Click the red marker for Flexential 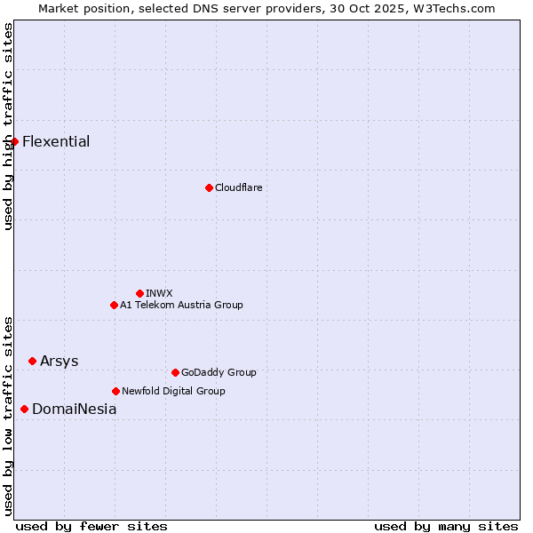coord(14,141)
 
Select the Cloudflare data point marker coord(209,187)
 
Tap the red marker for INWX coord(139,293)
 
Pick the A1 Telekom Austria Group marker coord(114,305)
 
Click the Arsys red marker coord(32,361)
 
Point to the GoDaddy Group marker coord(175,372)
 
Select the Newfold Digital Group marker coord(115,391)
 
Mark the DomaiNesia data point coord(24,409)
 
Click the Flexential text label coord(56,141)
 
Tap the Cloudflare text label coord(238,187)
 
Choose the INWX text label coord(159,293)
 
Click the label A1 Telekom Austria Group coord(181,305)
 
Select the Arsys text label coord(59,361)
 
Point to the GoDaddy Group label coord(219,372)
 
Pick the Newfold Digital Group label coord(173,391)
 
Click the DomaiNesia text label coord(74,409)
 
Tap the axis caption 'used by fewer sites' coord(91,526)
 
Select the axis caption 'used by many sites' coord(446,526)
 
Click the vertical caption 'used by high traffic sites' coord(8,126)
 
